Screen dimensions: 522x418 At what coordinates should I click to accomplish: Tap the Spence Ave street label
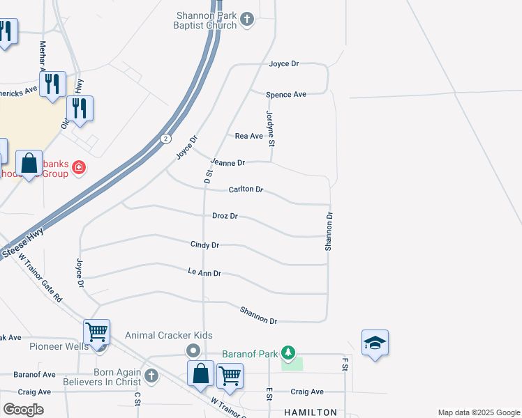(286, 94)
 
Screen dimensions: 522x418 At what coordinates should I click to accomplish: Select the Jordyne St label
(271, 128)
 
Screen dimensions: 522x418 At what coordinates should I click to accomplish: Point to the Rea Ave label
(248, 136)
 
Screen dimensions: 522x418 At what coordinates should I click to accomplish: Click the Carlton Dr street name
(246, 189)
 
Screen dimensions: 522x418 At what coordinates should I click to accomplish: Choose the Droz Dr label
(225, 216)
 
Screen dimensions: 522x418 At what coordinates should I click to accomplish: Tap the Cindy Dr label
(205, 245)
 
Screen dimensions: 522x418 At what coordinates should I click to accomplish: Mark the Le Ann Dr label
(204, 273)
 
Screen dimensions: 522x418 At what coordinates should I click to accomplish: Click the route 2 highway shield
(165, 138)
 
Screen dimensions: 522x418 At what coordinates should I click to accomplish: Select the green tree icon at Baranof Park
(288, 353)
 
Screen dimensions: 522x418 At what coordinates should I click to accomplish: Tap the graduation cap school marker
(375, 343)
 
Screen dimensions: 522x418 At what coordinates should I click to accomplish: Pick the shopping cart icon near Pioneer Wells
(96, 332)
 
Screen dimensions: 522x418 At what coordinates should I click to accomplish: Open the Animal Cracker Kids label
(168, 335)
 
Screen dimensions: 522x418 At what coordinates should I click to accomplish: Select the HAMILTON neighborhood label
(310, 412)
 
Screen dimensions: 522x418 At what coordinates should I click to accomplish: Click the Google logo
(23, 410)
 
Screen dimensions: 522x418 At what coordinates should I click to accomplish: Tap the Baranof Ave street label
(33, 374)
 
